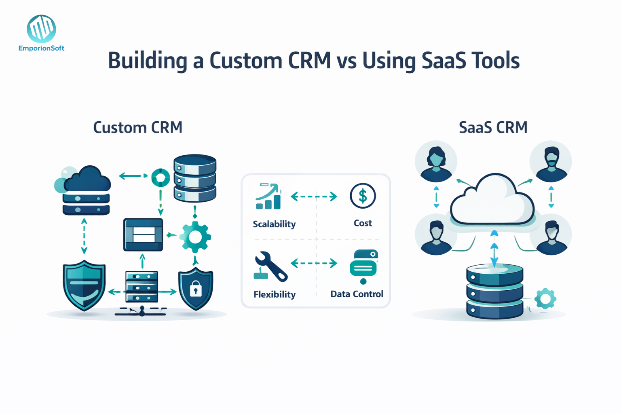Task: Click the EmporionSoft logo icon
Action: [x=41, y=29]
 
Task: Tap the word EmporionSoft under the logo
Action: [x=41, y=49]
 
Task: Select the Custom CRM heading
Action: [x=138, y=128]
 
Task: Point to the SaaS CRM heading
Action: [x=493, y=128]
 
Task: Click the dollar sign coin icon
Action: [x=363, y=196]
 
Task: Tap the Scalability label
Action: [x=274, y=224]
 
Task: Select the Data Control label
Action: [x=357, y=294]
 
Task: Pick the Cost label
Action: [x=363, y=223]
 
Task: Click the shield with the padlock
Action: [x=196, y=289]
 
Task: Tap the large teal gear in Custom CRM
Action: [x=195, y=237]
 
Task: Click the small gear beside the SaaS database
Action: [x=545, y=299]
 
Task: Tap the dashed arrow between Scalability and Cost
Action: [x=314, y=196]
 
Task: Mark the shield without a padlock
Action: [x=84, y=285]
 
